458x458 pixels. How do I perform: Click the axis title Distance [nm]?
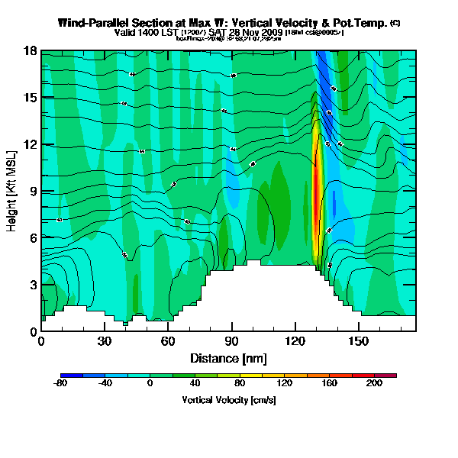tap(228, 357)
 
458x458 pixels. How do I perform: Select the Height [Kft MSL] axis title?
tap(13, 191)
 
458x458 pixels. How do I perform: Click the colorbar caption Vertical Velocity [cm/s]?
tap(228, 400)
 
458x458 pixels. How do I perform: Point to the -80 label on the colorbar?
tap(61, 383)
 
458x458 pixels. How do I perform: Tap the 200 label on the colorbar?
tap(374, 383)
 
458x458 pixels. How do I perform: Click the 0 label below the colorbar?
tap(150, 383)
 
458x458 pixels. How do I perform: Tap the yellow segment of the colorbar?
tap(268, 376)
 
